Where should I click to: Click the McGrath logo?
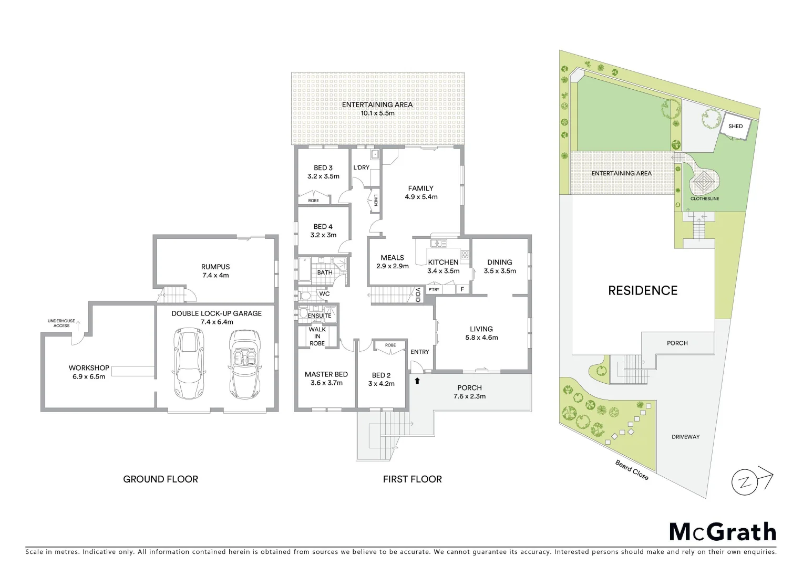(x=723, y=532)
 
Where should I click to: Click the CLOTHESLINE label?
(x=705, y=199)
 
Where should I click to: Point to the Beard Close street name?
(x=632, y=469)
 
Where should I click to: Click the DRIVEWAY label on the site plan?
(x=685, y=437)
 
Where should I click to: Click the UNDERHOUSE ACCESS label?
(x=61, y=323)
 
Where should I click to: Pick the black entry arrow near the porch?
(x=417, y=381)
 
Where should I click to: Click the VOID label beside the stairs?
(x=418, y=295)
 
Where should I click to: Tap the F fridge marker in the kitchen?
(x=462, y=289)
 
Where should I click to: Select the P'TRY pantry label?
(x=434, y=290)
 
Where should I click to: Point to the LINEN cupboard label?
(x=376, y=201)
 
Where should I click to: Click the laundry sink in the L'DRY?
(x=375, y=154)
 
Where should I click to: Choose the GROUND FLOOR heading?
(x=160, y=479)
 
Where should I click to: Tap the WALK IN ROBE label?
(x=317, y=337)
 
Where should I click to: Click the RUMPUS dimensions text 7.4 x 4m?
(x=215, y=275)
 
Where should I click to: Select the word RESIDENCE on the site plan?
(x=643, y=291)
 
